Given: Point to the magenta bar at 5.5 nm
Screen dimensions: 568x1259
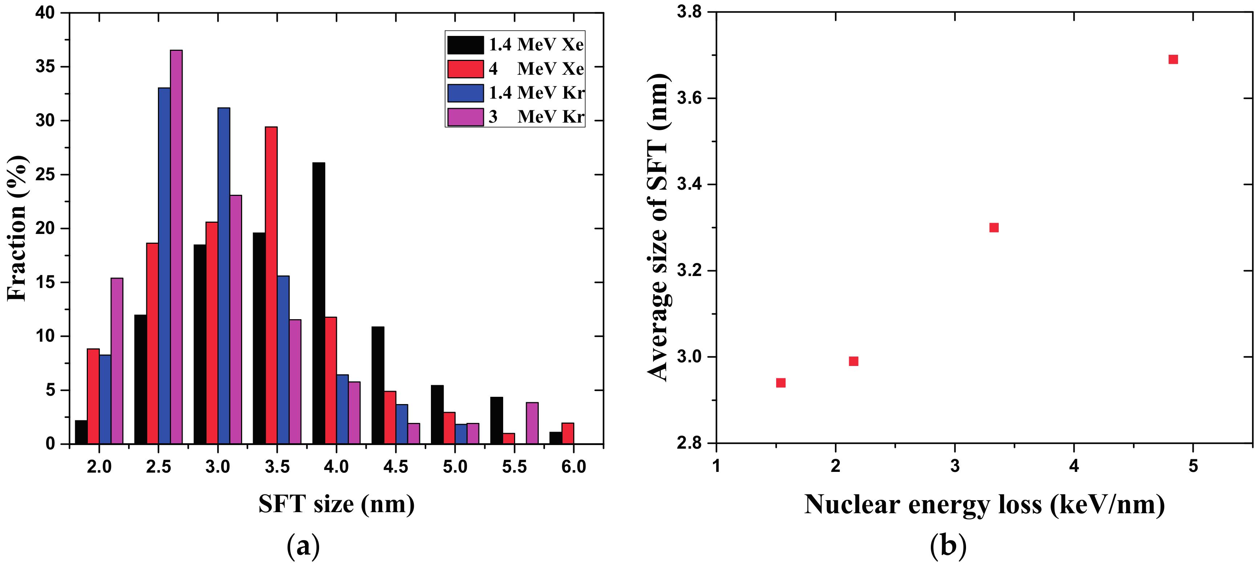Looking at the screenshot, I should coord(532,423).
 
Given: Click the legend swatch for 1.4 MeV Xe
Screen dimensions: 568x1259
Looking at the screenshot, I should coord(465,45).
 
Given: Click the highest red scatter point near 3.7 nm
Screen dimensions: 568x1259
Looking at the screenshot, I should coord(1173,59).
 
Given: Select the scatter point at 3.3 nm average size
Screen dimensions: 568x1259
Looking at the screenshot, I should coord(994,227).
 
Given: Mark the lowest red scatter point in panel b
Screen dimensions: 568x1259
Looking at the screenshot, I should coord(781,383).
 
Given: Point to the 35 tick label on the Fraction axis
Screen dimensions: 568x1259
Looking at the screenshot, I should coord(45,67).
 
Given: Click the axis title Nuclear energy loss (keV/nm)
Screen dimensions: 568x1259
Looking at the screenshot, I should coord(984,505).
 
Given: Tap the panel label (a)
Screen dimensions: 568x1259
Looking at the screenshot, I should coord(303,546).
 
